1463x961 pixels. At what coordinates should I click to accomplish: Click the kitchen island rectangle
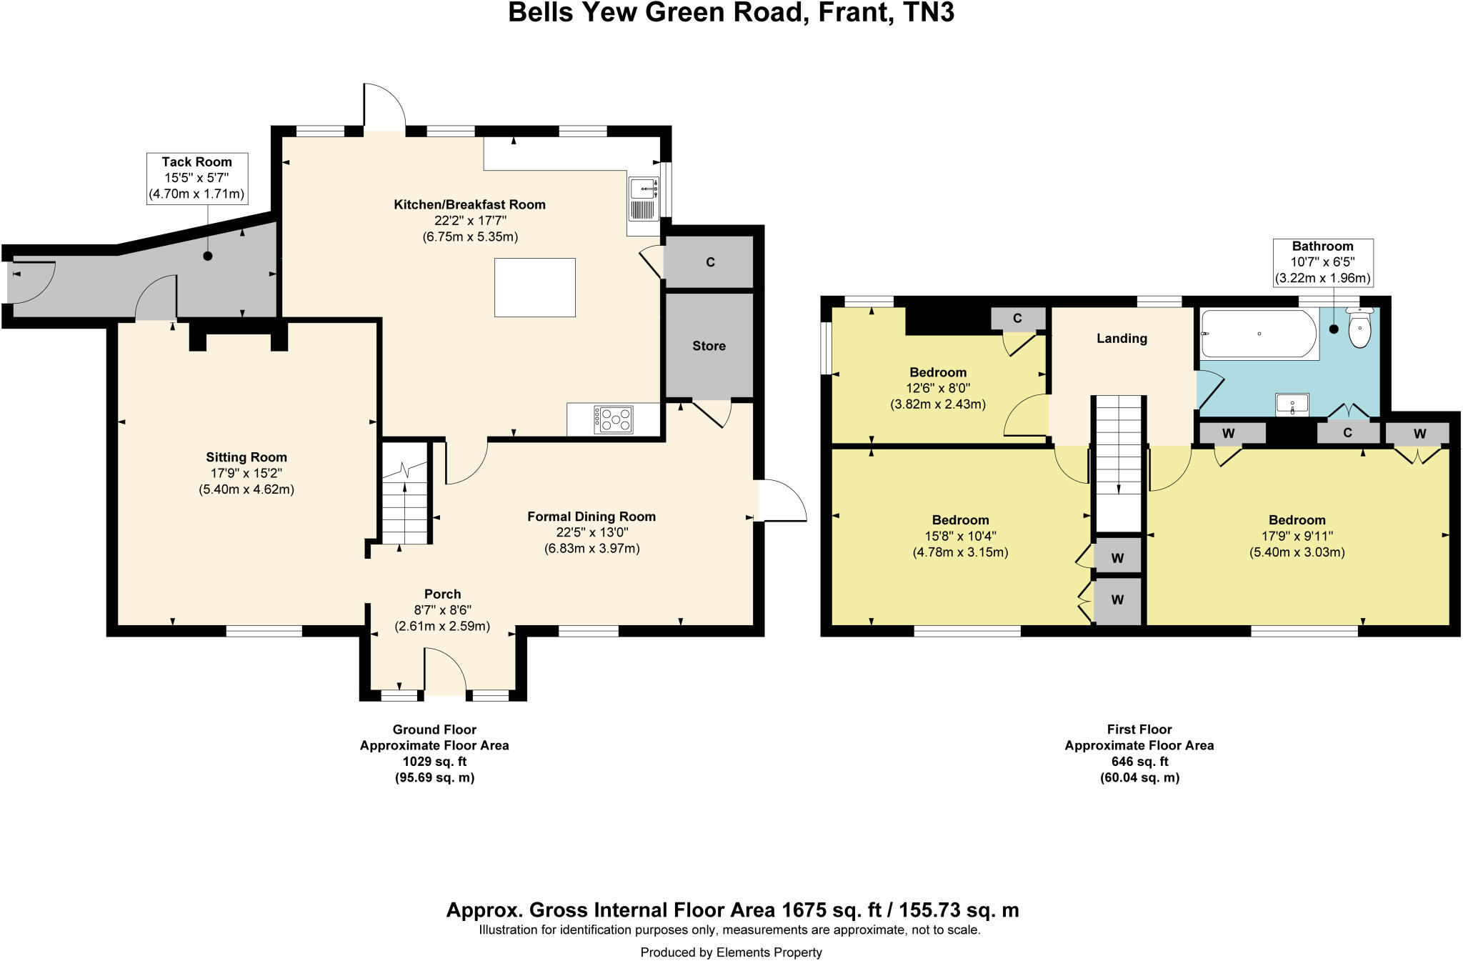click(534, 287)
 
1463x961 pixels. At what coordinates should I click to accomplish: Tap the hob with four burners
click(614, 419)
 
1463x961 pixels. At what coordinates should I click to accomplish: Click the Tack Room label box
click(197, 178)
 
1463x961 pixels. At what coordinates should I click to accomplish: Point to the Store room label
click(709, 346)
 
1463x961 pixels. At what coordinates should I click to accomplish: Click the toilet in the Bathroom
click(1359, 329)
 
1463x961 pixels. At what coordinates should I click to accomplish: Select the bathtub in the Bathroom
click(1259, 334)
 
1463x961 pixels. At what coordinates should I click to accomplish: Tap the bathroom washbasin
click(1292, 405)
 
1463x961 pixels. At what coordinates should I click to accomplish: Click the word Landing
click(1122, 339)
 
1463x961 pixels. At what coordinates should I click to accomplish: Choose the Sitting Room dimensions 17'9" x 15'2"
click(246, 473)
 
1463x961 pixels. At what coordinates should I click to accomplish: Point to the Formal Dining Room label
click(591, 517)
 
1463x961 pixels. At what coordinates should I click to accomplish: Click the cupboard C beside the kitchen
click(710, 262)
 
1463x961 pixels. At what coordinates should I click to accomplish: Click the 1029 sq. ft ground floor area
click(434, 762)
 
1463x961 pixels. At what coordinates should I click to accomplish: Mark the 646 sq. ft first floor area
click(1139, 762)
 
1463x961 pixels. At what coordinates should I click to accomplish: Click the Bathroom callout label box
click(1322, 262)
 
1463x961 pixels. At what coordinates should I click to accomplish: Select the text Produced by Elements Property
click(731, 952)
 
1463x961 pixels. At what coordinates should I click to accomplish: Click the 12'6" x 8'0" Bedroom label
click(937, 389)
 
